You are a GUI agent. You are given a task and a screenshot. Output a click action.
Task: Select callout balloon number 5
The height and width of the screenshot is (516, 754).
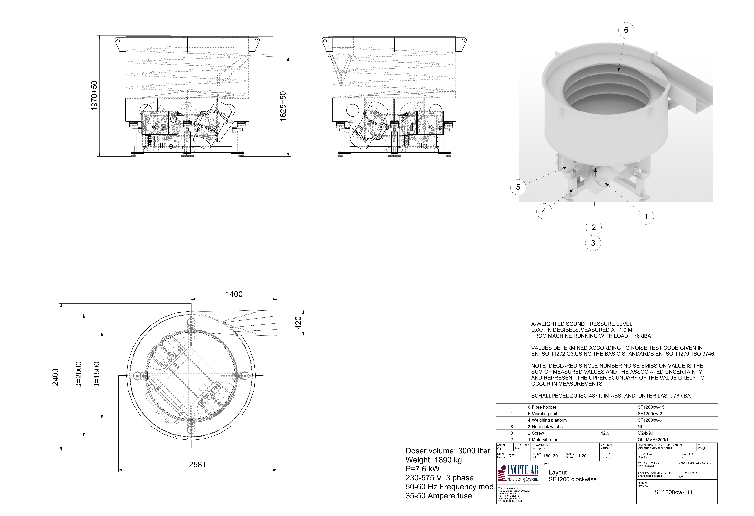(x=518, y=187)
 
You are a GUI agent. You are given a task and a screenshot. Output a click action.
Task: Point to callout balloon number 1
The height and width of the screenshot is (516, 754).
(x=646, y=217)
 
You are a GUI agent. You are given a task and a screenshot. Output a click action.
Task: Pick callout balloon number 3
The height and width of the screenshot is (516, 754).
(x=593, y=243)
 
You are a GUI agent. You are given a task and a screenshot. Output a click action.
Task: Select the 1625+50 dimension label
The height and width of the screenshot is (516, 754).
(x=283, y=106)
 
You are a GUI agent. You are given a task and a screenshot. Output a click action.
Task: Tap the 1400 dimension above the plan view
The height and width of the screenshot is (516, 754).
(x=234, y=294)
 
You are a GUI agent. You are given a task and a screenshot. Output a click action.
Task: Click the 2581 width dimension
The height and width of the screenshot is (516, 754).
(x=198, y=465)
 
